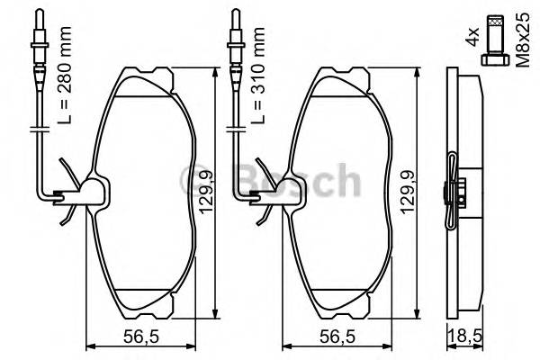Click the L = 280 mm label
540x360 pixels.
pos(60,85)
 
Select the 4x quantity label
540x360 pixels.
pos(471,39)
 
